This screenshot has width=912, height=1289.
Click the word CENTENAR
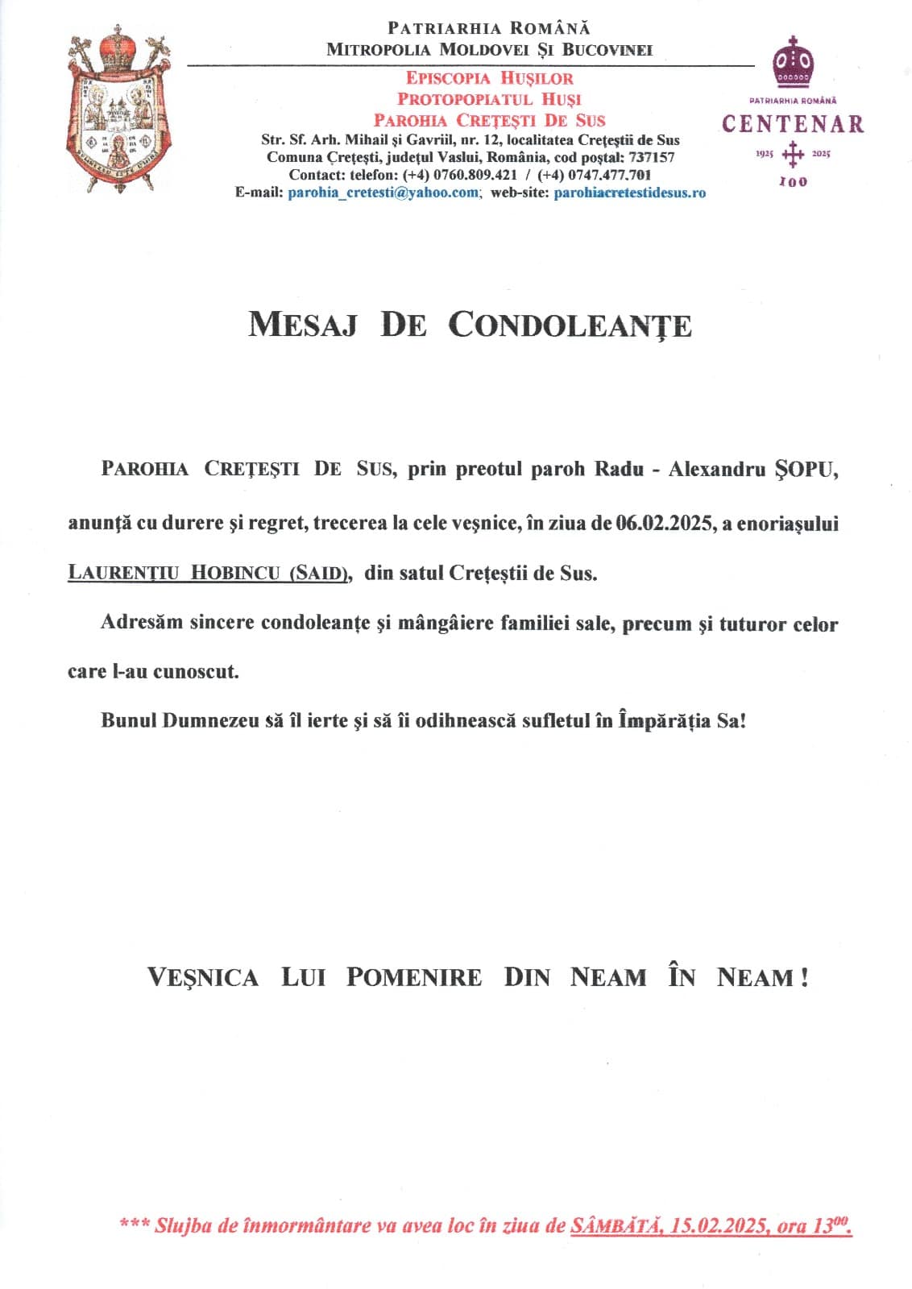(793, 124)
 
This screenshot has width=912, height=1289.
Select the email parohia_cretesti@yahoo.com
(383, 193)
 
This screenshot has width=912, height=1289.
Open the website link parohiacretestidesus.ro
(630, 193)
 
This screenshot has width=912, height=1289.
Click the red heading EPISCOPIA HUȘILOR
(490, 78)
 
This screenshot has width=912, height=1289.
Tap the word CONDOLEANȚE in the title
(570, 325)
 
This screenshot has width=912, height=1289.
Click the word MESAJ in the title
(302, 325)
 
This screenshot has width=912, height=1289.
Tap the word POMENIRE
(414, 977)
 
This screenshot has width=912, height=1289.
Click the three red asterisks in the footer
(133, 1225)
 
